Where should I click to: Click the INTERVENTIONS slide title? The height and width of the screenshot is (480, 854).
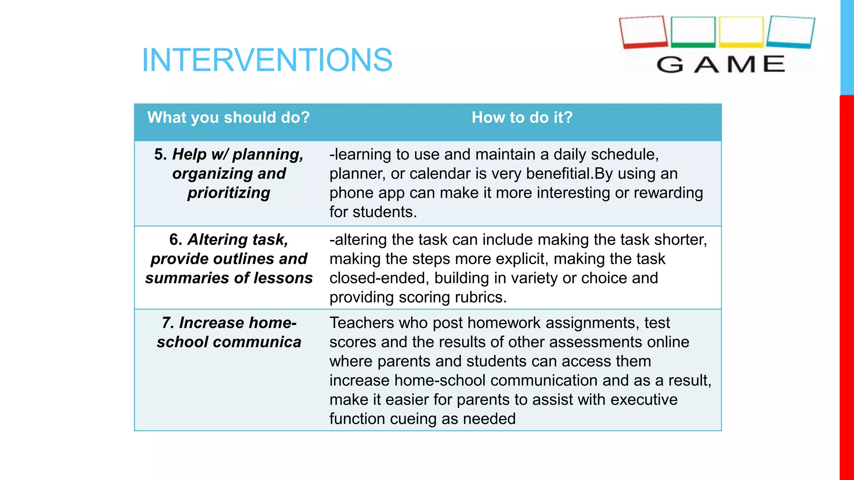[x=267, y=60]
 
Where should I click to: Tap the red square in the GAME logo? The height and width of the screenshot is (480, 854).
[x=643, y=32]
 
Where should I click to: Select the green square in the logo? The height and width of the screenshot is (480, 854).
[x=693, y=32]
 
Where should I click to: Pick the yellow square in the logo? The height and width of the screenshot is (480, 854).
[x=741, y=32]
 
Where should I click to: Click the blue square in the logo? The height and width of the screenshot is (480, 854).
[x=790, y=32]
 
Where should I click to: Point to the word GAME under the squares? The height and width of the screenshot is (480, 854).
[x=721, y=65]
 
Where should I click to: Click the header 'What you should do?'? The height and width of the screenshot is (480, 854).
[x=229, y=117]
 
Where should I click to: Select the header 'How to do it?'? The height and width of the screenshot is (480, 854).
[x=522, y=117]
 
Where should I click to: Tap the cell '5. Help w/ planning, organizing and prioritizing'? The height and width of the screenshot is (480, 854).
[x=229, y=173]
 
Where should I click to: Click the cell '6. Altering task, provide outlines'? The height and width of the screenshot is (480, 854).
[x=229, y=259]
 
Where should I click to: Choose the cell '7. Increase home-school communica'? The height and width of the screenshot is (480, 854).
[x=229, y=332]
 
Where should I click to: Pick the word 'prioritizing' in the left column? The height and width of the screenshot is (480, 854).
[x=229, y=193]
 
